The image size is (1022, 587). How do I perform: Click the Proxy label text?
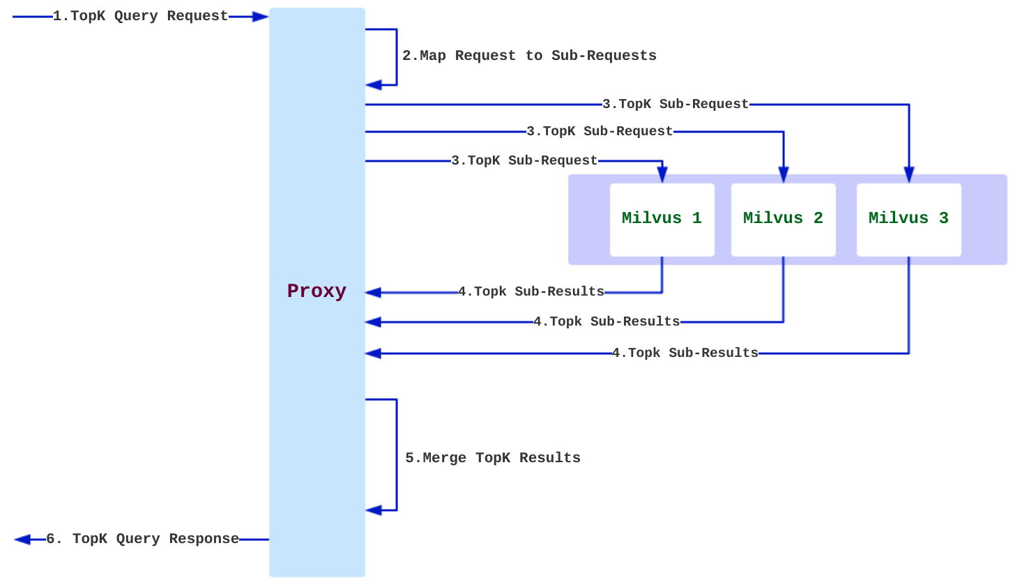click(316, 291)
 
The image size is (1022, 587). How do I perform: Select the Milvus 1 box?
click(662, 219)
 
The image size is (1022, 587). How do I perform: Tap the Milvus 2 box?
click(783, 219)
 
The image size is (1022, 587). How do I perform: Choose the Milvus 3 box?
click(908, 219)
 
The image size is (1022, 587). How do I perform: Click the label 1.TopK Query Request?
click(140, 16)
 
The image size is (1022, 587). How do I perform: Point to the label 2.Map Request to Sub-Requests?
click(529, 56)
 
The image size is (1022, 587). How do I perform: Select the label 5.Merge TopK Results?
click(493, 458)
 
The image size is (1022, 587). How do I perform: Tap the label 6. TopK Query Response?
click(142, 539)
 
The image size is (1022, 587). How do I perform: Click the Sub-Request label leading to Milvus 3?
click(676, 104)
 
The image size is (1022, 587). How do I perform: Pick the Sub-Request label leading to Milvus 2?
click(600, 131)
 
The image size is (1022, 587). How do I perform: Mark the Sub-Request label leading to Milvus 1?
click(524, 160)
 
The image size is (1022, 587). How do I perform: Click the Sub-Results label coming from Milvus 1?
click(531, 291)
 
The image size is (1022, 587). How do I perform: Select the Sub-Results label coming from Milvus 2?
click(607, 321)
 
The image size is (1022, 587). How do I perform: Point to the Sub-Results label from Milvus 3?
click(685, 353)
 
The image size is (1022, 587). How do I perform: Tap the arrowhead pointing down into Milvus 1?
click(662, 175)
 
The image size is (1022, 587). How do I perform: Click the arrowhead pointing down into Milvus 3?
click(909, 174)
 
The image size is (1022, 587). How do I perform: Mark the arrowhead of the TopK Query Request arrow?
click(261, 17)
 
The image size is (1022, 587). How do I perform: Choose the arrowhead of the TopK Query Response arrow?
click(22, 540)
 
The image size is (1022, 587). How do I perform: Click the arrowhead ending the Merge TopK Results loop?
click(374, 510)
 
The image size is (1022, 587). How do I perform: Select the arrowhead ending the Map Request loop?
click(374, 85)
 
